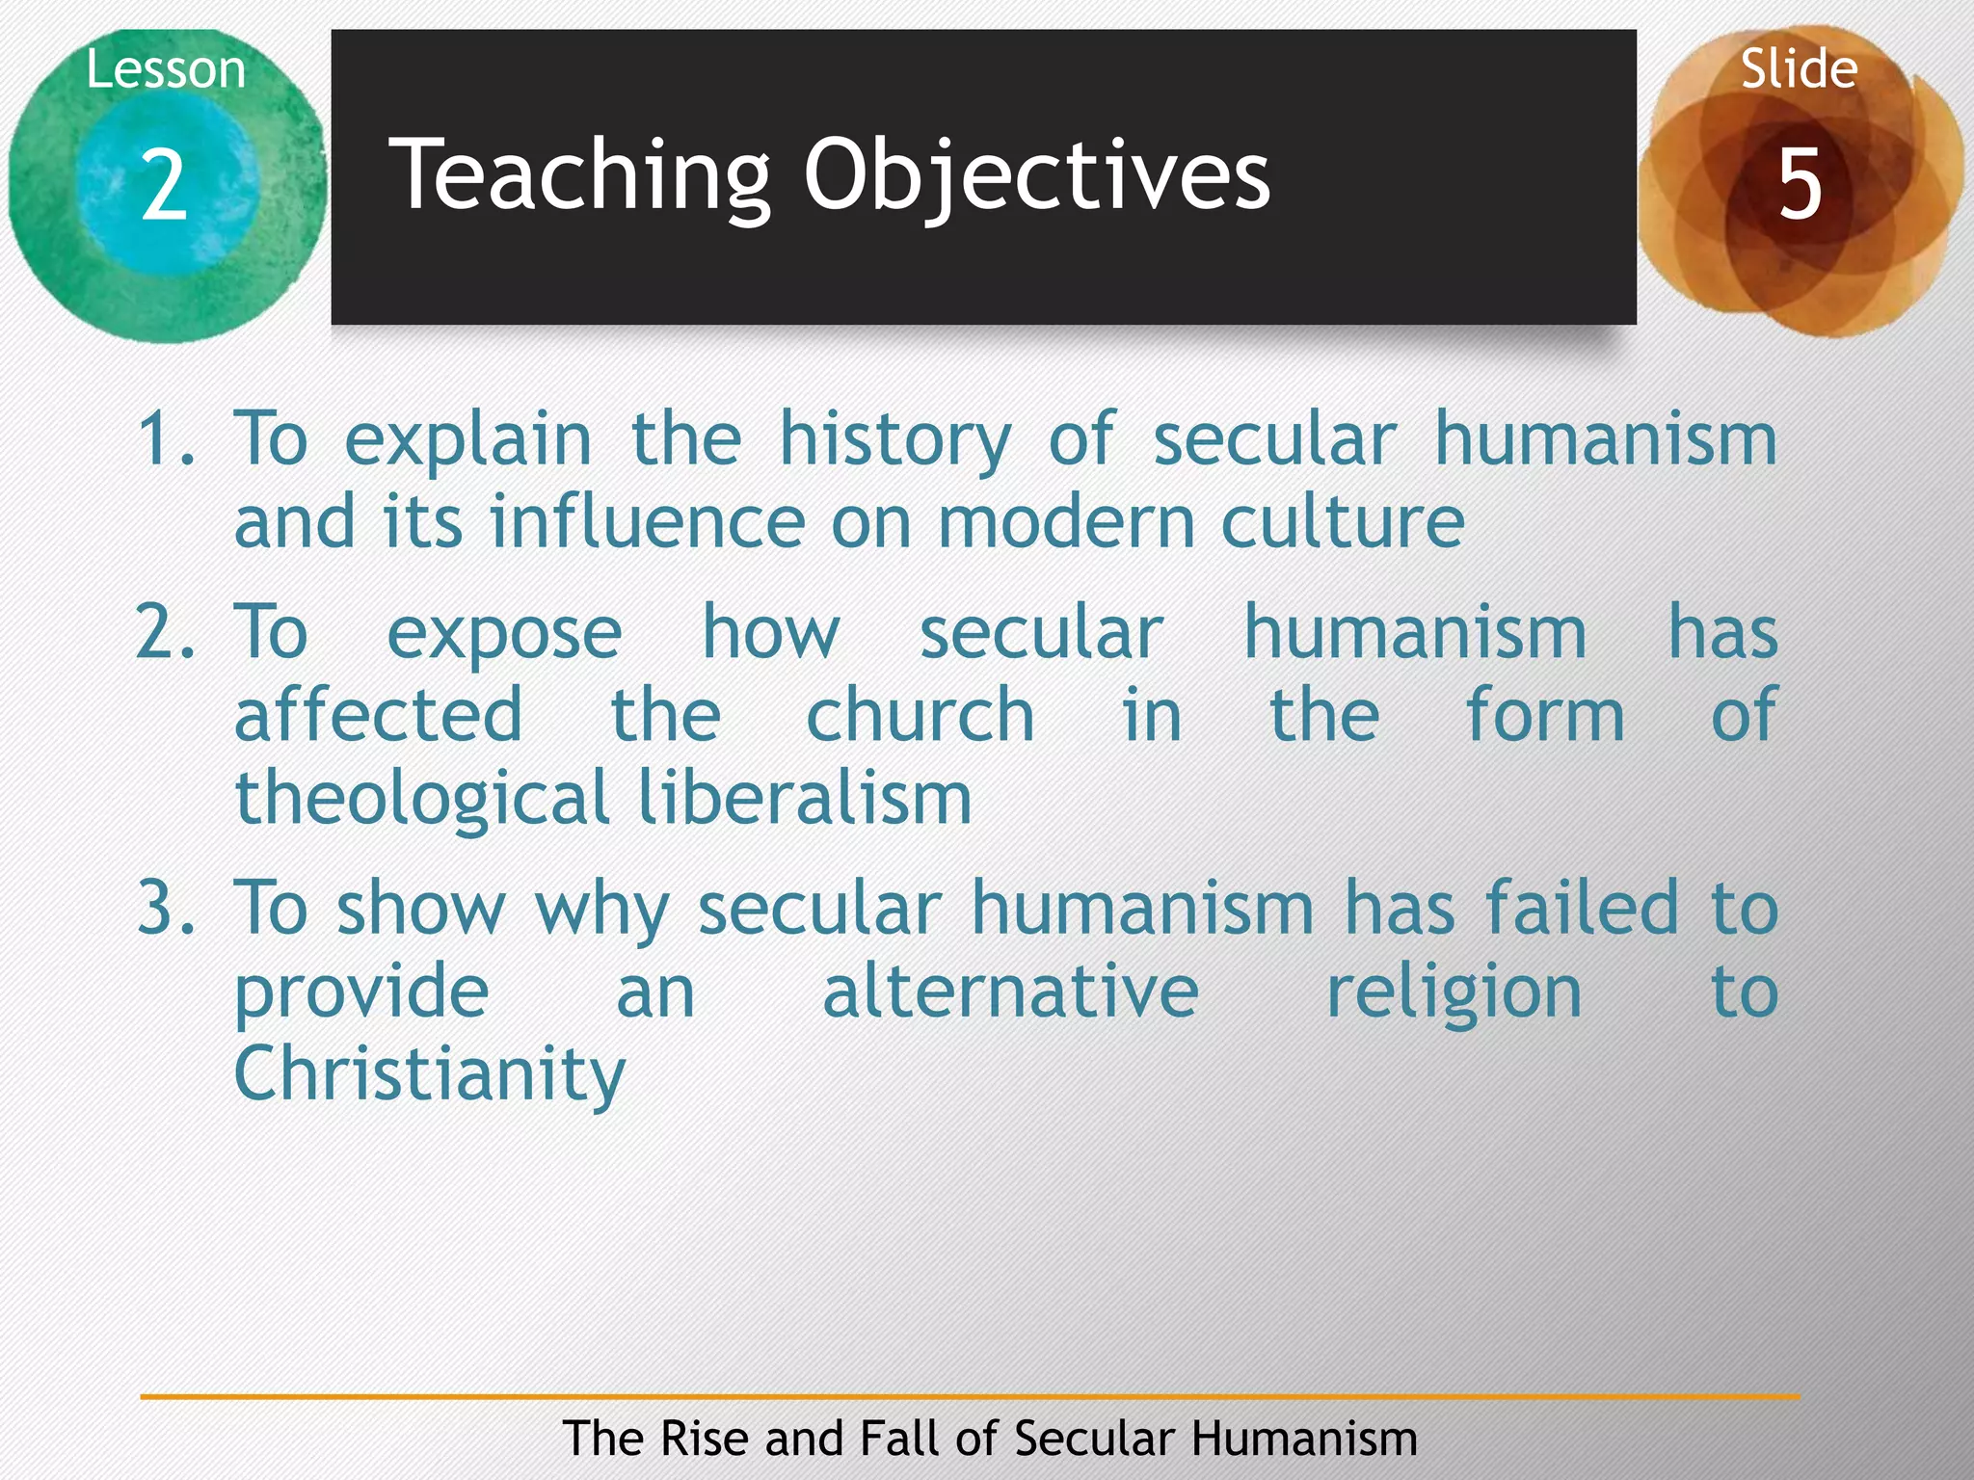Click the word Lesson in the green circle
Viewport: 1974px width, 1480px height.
pyautogui.click(x=166, y=70)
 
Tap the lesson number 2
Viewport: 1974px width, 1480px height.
pyautogui.click(x=164, y=185)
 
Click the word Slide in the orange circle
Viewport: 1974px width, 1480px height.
pyautogui.click(x=1799, y=69)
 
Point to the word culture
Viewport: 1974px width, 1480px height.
pyautogui.click(x=1343, y=522)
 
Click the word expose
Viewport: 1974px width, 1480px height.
pyautogui.click(x=504, y=636)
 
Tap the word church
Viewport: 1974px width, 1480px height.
pyautogui.click(x=920, y=716)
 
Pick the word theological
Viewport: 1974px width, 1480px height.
pyautogui.click(x=421, y=801)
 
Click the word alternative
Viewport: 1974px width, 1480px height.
pyautogui.click(x=1010, y=991)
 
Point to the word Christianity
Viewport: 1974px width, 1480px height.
pyautogui.click(x=430, y=1075)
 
